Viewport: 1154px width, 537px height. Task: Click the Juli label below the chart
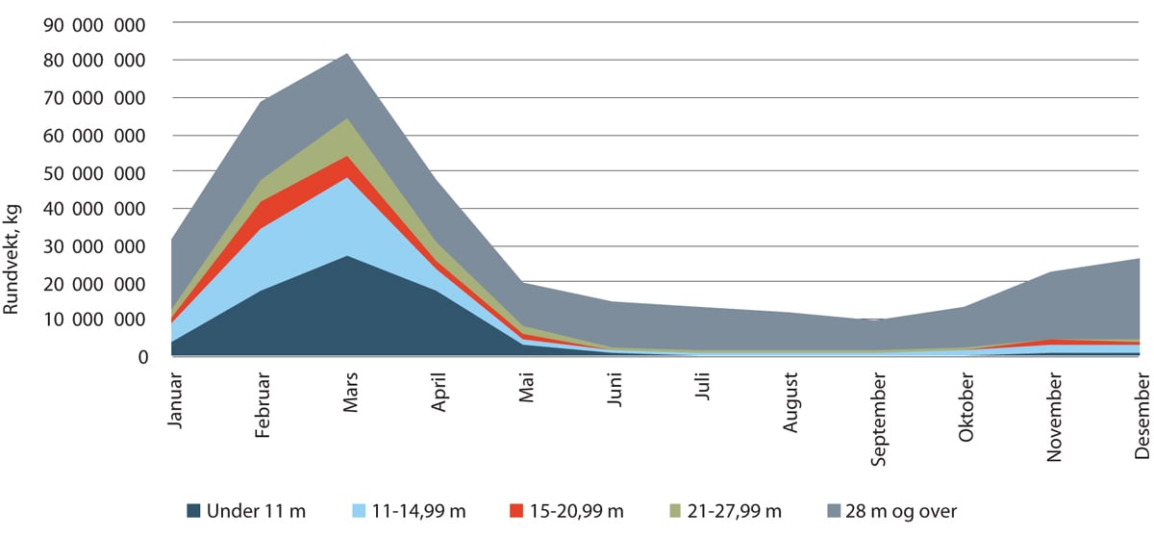703,388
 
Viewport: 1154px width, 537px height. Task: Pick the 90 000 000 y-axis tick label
94,23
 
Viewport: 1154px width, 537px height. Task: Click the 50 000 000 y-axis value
94,171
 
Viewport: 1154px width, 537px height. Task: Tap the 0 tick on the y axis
142,357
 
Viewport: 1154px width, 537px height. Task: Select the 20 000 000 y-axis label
94,283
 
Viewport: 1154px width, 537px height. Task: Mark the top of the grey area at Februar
262,101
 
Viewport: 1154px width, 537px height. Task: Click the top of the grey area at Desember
1140,259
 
